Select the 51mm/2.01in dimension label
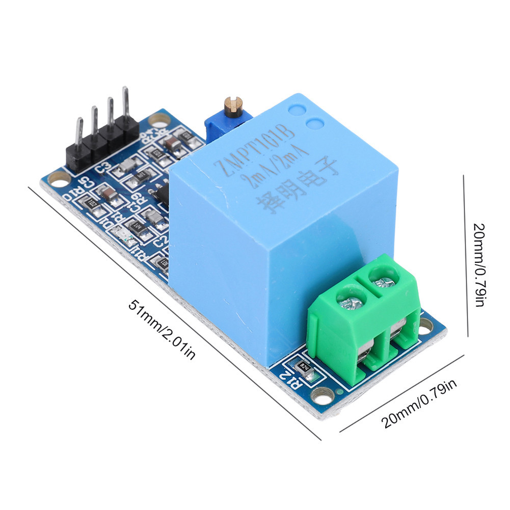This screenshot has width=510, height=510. (162, 330)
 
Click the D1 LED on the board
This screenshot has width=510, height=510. (124, 235)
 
